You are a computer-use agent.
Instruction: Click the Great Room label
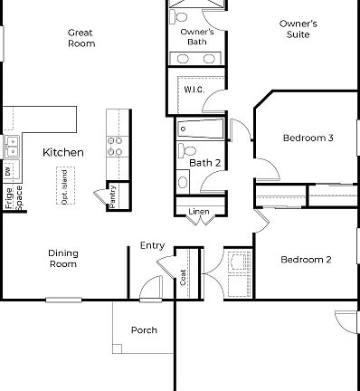click(81, 38)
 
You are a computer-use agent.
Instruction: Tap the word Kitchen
click(63, 153)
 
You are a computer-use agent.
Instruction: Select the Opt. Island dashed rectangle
click(64, 186)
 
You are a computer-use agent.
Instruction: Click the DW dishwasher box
click(8, 171)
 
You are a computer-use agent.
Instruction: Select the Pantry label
click(113, 195)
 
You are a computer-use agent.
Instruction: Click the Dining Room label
click(62, 260)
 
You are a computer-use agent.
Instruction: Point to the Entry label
click(152, 245)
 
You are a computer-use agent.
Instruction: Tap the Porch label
click(144, 330)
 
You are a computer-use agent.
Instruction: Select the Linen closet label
click(198, 213)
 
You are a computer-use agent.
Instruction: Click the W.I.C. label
click(194, 91)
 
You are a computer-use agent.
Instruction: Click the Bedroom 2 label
click(305, 260)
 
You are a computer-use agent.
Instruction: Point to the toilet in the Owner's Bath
click(180, 17)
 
